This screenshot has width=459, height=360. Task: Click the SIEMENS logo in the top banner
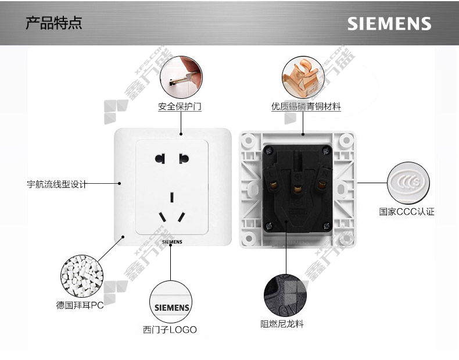coord(389,23)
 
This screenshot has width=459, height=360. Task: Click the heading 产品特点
coord(54,23)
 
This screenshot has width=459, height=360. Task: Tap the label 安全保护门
coord(180,107)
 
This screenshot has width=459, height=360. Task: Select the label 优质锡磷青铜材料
coord(306,107)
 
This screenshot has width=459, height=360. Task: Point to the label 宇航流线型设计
coord(56,184)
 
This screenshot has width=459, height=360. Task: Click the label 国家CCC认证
coord(407,212)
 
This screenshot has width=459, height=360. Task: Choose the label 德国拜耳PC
coord(80,305)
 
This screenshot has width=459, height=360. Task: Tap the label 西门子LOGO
coord(170,330)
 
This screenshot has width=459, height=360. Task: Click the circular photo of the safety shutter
coord(181,77)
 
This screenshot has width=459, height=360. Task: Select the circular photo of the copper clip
coord(303,77)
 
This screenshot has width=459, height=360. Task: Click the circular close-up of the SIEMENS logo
coord(171,301)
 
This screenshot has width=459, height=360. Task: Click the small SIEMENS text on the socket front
coord(171,240)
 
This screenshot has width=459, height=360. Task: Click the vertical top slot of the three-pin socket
coord(172,197)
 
